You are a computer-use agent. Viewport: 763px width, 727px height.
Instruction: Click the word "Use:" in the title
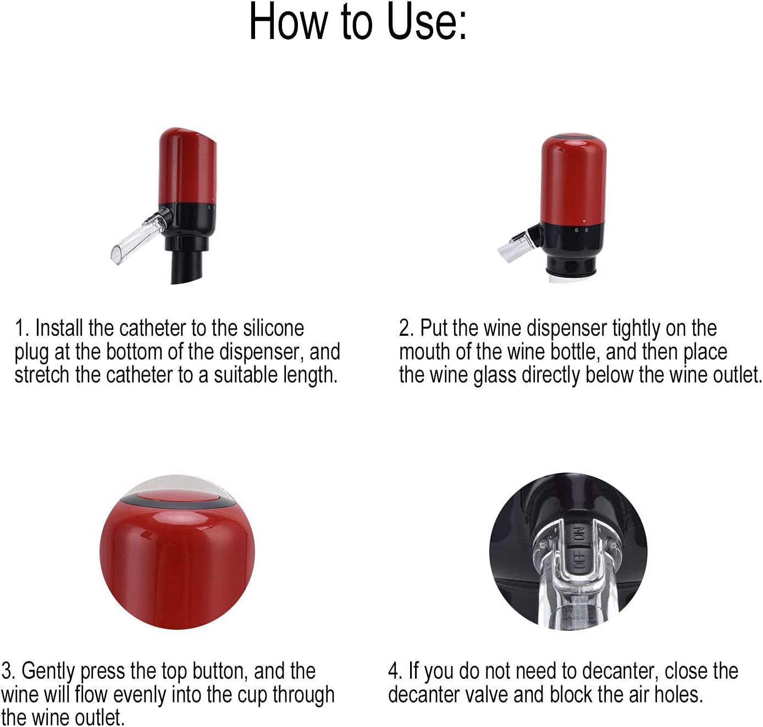pyautogui.click(x=427, y=22)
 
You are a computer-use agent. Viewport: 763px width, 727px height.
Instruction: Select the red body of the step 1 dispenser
pyautogui.click(x=187, y=166)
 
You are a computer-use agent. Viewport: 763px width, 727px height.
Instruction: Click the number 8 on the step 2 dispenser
pyautogui.click(x=587, y=230)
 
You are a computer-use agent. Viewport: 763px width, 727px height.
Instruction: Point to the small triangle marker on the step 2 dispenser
pyautogui.click(x=584, y=221)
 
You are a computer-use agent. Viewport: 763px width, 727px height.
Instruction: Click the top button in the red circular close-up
pyautogui.click(x=178, y=496)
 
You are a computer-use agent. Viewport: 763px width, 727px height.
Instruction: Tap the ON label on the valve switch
pyautogui.click(x=579, y=535)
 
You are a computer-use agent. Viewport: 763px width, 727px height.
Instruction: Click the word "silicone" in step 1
pyautogui.click(x=274, y=328)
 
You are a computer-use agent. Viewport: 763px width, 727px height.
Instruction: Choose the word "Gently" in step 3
pyautogui.click(x=48, y=672)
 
